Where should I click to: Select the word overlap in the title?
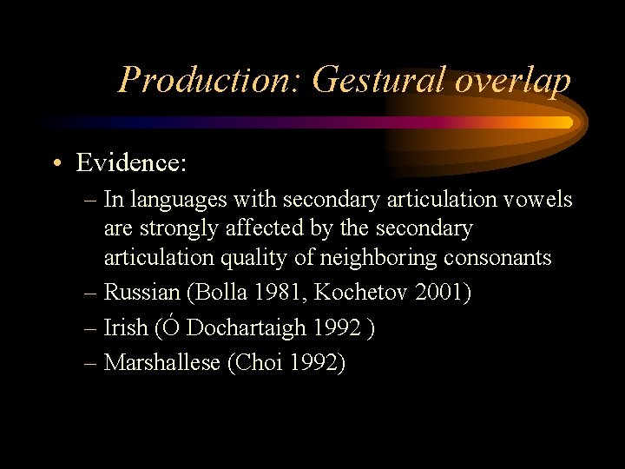pyautogui.click(x=512, y=81)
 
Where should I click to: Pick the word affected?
pyautogui.click(x=260, y=228)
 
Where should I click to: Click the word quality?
pyautogui.click(x=252, y=258)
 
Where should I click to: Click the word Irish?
pyautogui.click(x=126, y=327)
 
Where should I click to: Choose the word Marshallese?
pyautogui.click(x=162, y=362)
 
